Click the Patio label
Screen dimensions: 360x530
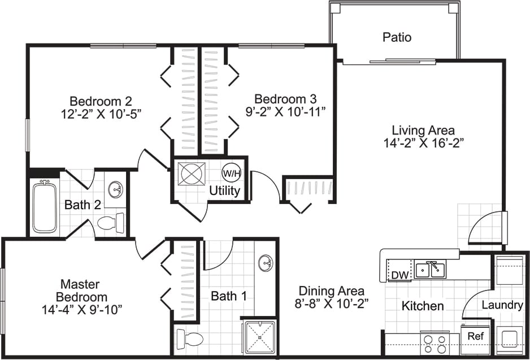point(397,38)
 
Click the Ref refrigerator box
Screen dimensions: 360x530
point(475,336)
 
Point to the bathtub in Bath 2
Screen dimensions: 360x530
point(44,206)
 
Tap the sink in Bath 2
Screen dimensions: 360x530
point(115,188)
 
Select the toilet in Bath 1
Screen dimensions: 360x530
point(189,339)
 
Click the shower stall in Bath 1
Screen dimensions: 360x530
point(260,337)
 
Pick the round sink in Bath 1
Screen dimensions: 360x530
point(266,263)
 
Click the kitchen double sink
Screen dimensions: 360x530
point(429,270)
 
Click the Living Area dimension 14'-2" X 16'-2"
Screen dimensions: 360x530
point(424,143)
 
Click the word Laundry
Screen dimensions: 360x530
point(502,305)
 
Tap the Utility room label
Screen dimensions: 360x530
point(225,190)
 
